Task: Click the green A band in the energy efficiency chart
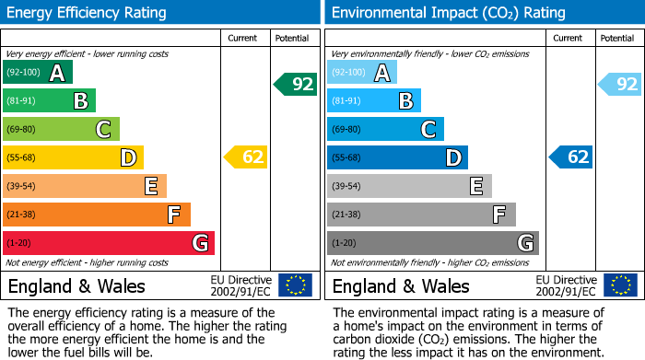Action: (x=37, y=73)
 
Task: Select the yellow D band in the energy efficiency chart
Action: (x=73, y=157)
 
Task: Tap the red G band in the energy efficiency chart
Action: (x=108, y=243)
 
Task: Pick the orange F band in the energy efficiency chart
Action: (x=97, y=215)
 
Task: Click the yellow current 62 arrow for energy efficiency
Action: (x=247, y=157)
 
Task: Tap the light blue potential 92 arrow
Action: (x=620, y=85)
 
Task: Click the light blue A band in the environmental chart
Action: (x=362, y=73)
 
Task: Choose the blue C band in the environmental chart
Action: (x=385, y=129)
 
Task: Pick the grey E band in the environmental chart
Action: (x=409, y=186)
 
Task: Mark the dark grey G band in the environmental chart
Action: (x=432, y=243)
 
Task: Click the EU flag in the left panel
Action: (x=296, y=285)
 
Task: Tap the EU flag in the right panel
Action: (x=620, y=285)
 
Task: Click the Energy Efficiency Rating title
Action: (x=88, y=13)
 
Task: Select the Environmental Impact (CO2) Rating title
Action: (x=448, y=13)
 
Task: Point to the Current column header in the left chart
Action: (x=244, y=38)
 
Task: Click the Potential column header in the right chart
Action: (x=616, y=38)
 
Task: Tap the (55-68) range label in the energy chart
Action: (x=22, y=157)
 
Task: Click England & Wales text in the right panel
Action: (x=401, y=285)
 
